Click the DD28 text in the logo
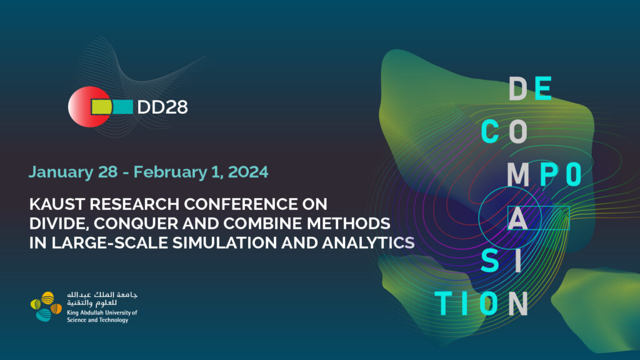pyautogui.click(x=162, y=107)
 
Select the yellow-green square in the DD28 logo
pyautogui.click(x=101, y=107)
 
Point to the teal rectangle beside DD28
pyautogui.click(x=123, y=107)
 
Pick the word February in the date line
pyautogui.click(x=170, y=172)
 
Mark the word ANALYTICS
pyautogui.click(x=368, y=243)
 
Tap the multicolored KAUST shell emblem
pyautogui.click(x=46, y=306)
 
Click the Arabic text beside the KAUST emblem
pyautogui.click(x=102, y=299)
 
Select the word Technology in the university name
pyautogui.click(x=113, y=320)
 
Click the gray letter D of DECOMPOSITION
pyautogui.click(x=518, y=89)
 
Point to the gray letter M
pyautogui.click(x=518, y=174)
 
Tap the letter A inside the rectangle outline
pyautogui.click(x=518, y=218)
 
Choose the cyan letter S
pyautogui.click(x=490, y=261)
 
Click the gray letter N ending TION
pyautogui.click(x=518, y=304)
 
